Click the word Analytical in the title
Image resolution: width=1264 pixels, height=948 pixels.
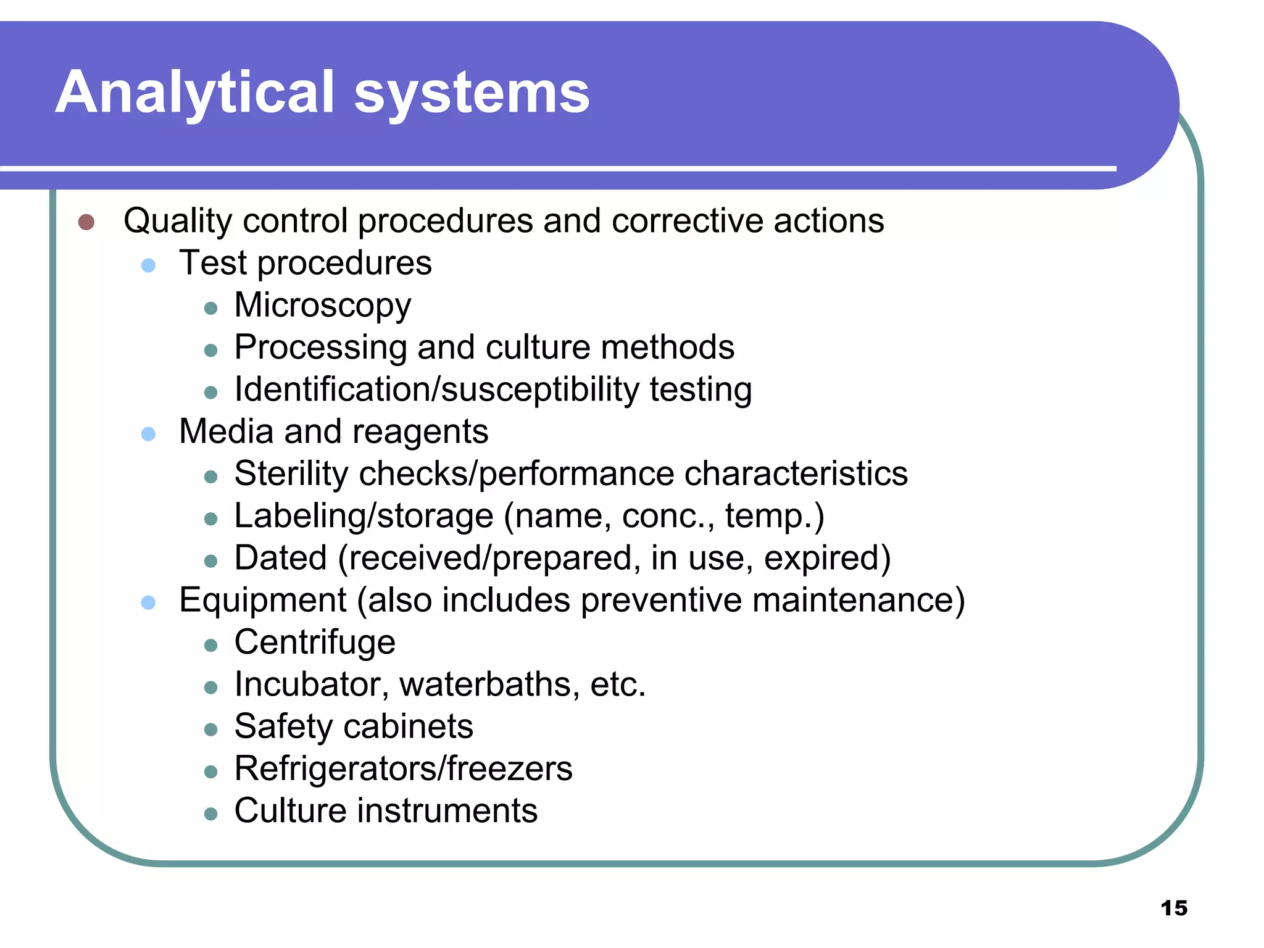click(195, 93)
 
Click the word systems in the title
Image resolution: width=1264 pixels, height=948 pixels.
click(472, 93)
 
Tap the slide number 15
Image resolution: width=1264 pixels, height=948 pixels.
click(1173, 908)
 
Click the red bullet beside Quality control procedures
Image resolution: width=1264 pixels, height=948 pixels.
click(86, 222)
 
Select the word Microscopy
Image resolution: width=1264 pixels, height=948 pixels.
click(322, 306)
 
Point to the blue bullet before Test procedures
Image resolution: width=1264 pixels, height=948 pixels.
click(148, 265)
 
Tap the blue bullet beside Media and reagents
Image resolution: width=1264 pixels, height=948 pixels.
click(148, 434)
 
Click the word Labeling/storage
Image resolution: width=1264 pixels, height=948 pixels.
click(364, 516)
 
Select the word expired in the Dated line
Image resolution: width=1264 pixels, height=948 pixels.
click(826, 558)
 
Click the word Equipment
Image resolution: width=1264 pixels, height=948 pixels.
click(263, 601)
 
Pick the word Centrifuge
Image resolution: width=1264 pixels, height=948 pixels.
click(315, 642)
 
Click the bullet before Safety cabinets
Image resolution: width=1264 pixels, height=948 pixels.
click(211, 730)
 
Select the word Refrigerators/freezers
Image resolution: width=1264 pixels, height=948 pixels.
click(403, 769)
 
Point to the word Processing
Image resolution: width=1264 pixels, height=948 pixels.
click(320, 347)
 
